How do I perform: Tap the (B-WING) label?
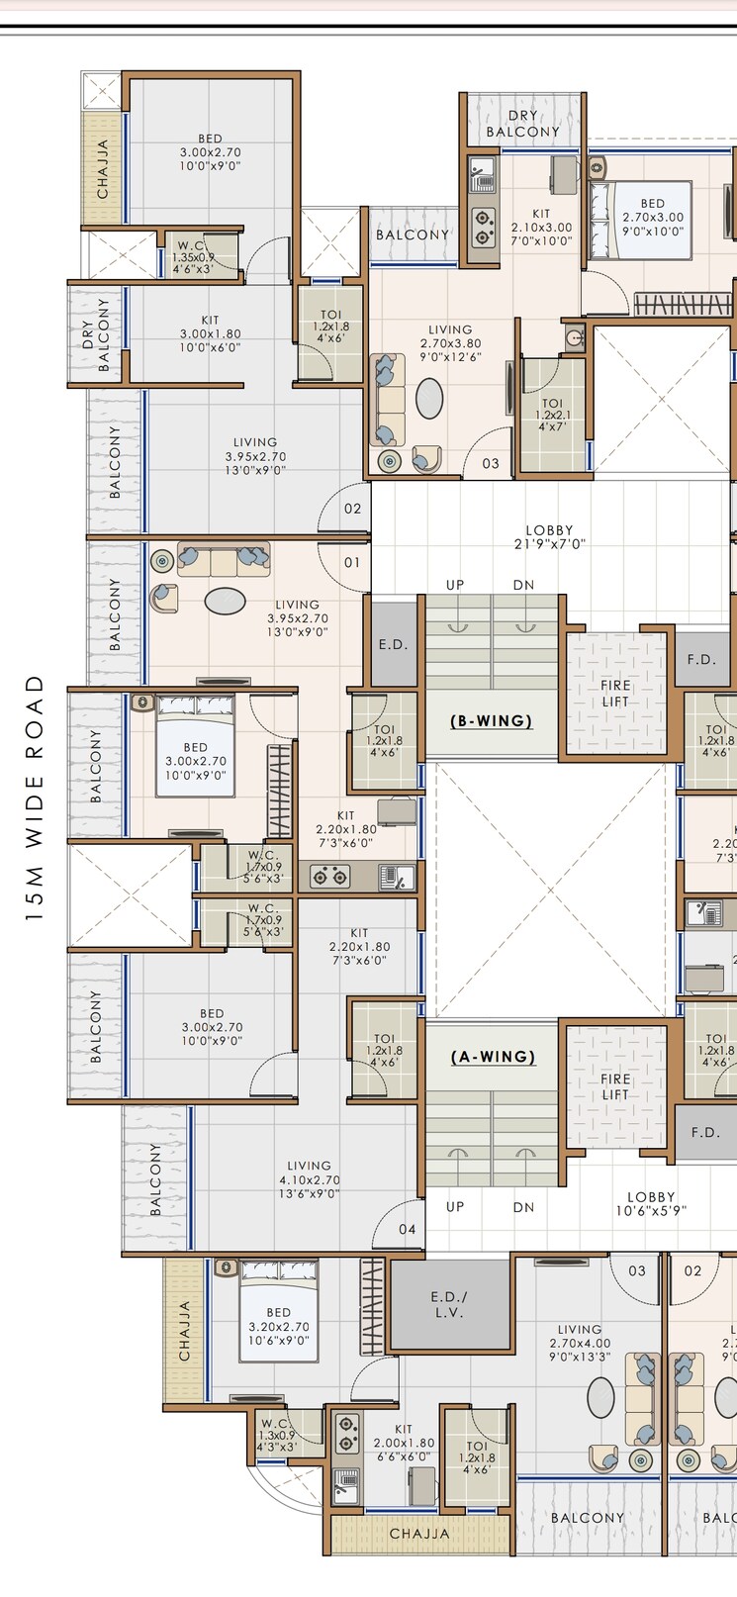coord(492,720)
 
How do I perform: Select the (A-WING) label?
coord(493,1057)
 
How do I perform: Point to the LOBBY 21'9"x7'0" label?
coord(549,537)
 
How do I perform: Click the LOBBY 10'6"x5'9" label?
coord(650,1203)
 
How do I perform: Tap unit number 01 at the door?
coord(352,562)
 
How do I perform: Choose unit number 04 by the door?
coord(408,1229)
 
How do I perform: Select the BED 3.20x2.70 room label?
coord(278,1326)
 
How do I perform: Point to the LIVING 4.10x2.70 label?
coord(309,1179)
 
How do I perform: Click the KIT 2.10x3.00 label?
coord(541,227)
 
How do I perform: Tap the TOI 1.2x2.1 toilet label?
coord(552,415)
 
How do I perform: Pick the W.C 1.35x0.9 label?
coord(193,256)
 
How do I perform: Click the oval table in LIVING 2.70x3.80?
coord(429,398)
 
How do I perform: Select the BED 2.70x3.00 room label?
coord(652,217)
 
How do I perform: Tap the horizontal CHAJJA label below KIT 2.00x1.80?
coord(419,1534)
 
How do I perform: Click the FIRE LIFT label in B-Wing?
coord(615,694)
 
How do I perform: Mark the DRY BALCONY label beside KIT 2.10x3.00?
coord(523,124)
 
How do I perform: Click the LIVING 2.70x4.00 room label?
coord(580,1343)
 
